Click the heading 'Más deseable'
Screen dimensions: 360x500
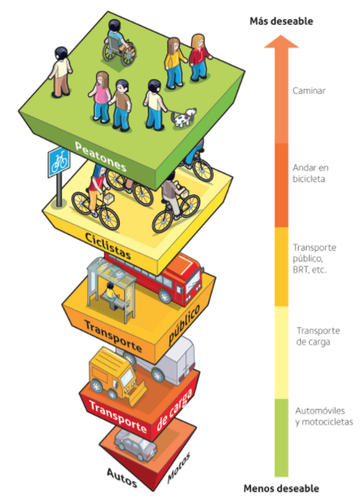coord(281,21)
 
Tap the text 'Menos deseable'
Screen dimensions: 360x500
coord(281,488)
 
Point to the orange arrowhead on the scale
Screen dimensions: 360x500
coord(281,41)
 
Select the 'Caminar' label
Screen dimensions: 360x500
coord(309,90)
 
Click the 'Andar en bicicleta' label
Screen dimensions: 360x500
coord(311,173)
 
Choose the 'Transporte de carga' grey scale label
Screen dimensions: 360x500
coord(318,336)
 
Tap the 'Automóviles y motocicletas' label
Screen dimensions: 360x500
coord(324,416)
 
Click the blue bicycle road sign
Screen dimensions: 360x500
coord(59,162)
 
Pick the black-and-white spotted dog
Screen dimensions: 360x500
coord(184,118)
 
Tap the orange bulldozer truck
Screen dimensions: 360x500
coord(116,376)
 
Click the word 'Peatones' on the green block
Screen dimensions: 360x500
coord(100,156)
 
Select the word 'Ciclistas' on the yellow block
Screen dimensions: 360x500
coord(108,246)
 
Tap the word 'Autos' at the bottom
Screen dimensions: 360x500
coord(121,477)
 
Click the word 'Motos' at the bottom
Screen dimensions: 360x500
coord(179,467)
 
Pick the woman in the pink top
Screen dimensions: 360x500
coord(100,98)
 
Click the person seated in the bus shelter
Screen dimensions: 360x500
coord(111,291)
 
